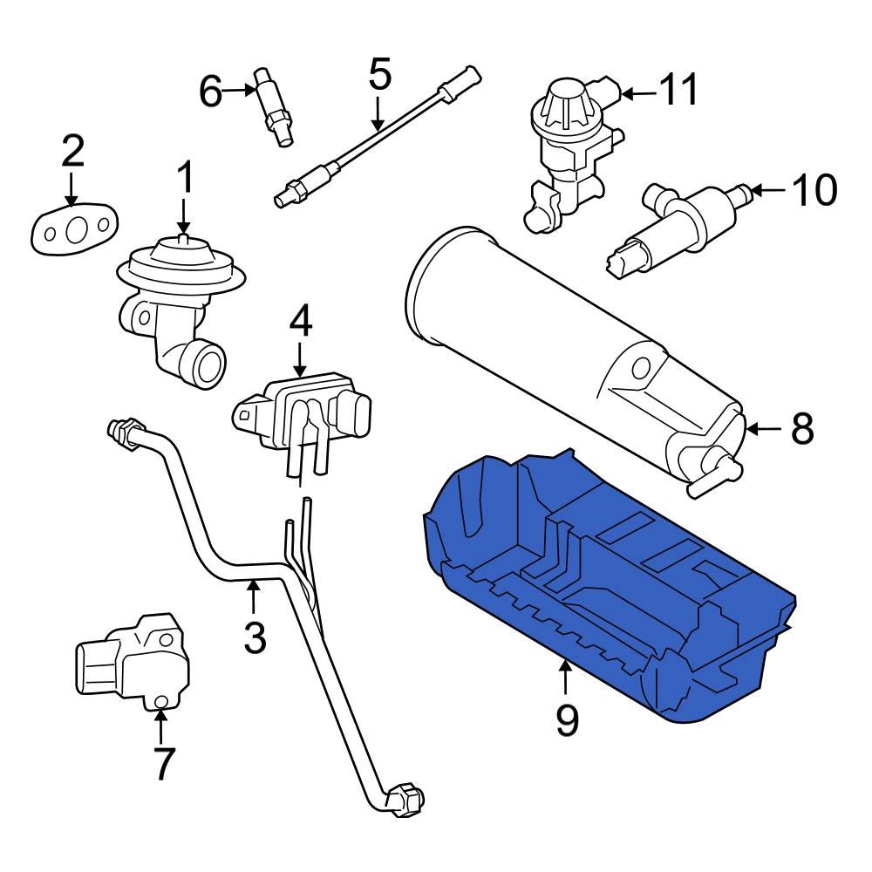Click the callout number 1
click(185, 178)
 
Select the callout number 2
click(72, 151)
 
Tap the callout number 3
click(254, 637)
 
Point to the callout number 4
click(300, 323)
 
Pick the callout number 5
click(379, 75)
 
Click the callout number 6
click(211, 90)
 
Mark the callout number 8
click(801, 428)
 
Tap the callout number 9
click(567, 719)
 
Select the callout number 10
click(814, 190)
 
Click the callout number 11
click(678, 90)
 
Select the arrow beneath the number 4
click(300, 359)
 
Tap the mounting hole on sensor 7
click(160, 703)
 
